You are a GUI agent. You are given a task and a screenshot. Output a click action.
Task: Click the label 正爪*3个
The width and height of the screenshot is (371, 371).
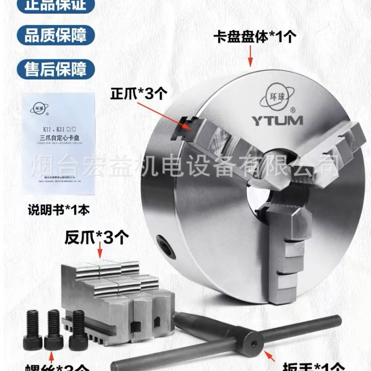click(138, 94)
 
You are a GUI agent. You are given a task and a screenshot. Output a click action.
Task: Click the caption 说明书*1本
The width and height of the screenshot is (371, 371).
click(58, 209)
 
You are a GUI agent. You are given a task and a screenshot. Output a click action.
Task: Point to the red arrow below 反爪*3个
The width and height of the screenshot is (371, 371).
click(100, 252)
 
